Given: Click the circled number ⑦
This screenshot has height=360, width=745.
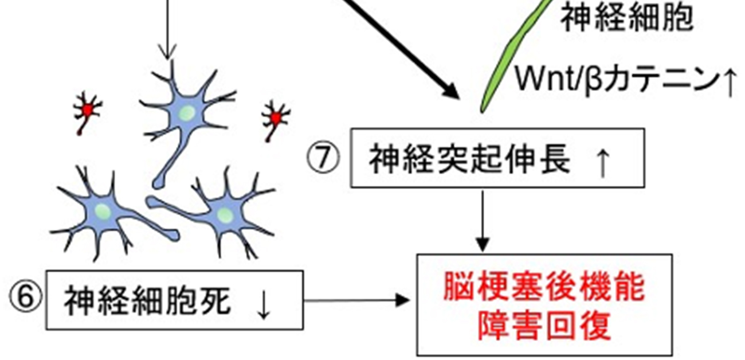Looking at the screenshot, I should click(x=324, y=158).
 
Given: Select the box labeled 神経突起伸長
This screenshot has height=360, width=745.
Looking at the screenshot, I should click(x=493, y=158).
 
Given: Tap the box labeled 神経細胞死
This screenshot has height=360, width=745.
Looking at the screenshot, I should click(x=174, y=300).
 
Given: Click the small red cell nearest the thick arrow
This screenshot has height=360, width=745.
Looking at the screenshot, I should click(x=276, y=118).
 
